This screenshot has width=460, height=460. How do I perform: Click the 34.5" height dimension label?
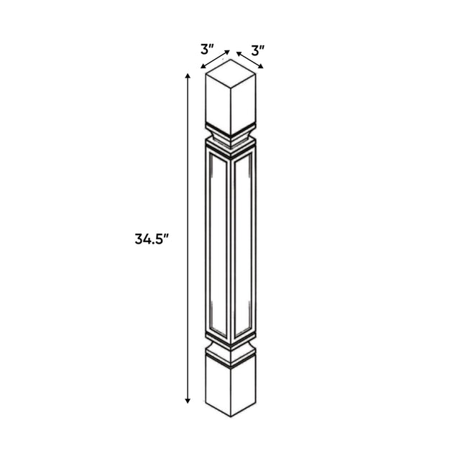click(152, 239)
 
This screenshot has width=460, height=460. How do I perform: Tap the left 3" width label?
click(208, 49)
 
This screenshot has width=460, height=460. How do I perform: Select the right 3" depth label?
click(258, 50)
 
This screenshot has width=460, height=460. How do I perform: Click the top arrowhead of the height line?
click(188, 76)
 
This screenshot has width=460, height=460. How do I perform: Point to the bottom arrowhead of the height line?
click(188, 401)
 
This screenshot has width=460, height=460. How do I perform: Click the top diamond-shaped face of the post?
click(231, 73)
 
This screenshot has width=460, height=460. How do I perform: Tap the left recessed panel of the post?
click(218, 244)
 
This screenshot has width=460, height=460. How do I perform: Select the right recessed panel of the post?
click(243, 244)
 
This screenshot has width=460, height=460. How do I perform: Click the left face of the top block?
click(218, 104)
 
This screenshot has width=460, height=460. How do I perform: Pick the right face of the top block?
click(243, 104)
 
